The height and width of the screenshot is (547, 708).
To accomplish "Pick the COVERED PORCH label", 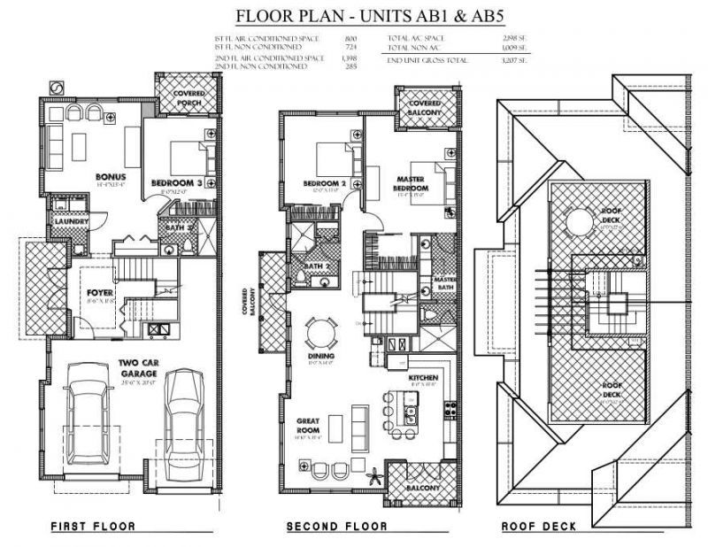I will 181,96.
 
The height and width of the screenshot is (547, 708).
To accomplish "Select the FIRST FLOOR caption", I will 93,527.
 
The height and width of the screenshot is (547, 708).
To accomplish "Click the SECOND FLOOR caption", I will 336,527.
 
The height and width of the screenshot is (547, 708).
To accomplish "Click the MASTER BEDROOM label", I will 411,183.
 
